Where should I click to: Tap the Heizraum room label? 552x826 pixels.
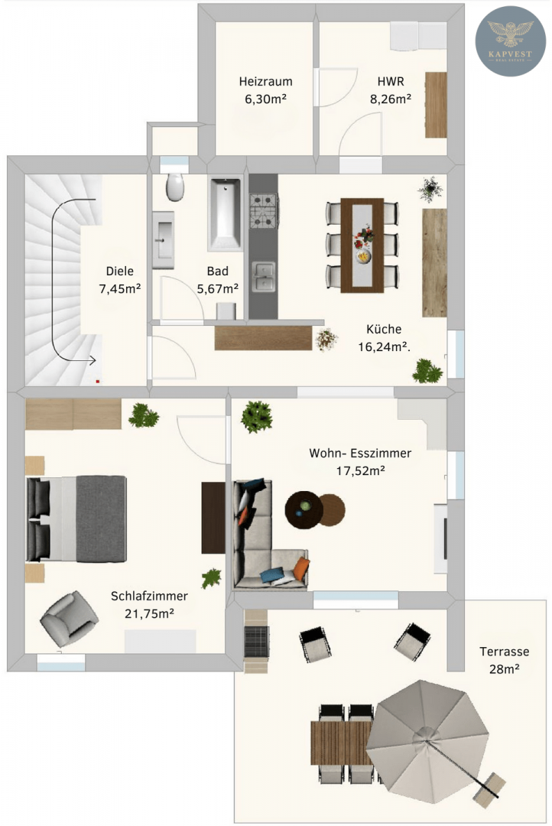tap(265, 82)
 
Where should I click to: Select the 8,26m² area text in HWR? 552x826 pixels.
tap(390, 99)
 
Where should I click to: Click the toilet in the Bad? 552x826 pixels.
tap(175, 187)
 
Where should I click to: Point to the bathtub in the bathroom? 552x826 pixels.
tap(225, 213)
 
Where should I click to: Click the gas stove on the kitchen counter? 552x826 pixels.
tap(263, 210)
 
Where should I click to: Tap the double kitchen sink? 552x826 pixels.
tap(263, 277)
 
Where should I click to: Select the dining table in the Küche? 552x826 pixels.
tap(362, 245)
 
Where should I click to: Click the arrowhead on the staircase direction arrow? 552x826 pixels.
tap(93, 361)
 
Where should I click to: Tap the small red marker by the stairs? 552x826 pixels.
tap(97, 380)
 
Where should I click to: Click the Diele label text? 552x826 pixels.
tap(119, 272)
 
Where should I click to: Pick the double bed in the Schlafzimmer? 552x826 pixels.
tap(76, 519)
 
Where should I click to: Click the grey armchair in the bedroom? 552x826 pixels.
tap(69, 619)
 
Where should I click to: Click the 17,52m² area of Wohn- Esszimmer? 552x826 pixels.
tap(360, 470)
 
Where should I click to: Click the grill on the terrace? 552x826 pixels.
tap(257, 641)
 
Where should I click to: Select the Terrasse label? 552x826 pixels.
tap(504, 652)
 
